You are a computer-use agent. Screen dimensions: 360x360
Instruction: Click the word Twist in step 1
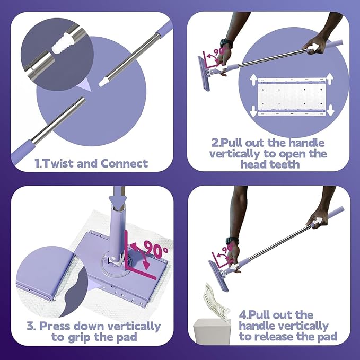click(58, 163)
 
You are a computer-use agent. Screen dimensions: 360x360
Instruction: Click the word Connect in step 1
click(124, 163)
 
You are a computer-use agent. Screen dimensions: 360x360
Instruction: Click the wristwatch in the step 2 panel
click(226, 43)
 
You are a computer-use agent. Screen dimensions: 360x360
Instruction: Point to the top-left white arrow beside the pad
click(253, 80)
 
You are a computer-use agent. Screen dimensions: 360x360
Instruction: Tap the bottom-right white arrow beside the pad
click(330, 110)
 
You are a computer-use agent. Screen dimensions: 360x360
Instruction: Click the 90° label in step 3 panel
click(156, 250)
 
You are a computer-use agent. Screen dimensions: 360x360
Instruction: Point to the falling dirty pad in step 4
click(216, 301)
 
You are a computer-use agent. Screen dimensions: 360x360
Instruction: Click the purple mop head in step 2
click(204, 74)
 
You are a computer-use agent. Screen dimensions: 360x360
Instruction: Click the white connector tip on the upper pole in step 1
click(104, 82)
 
